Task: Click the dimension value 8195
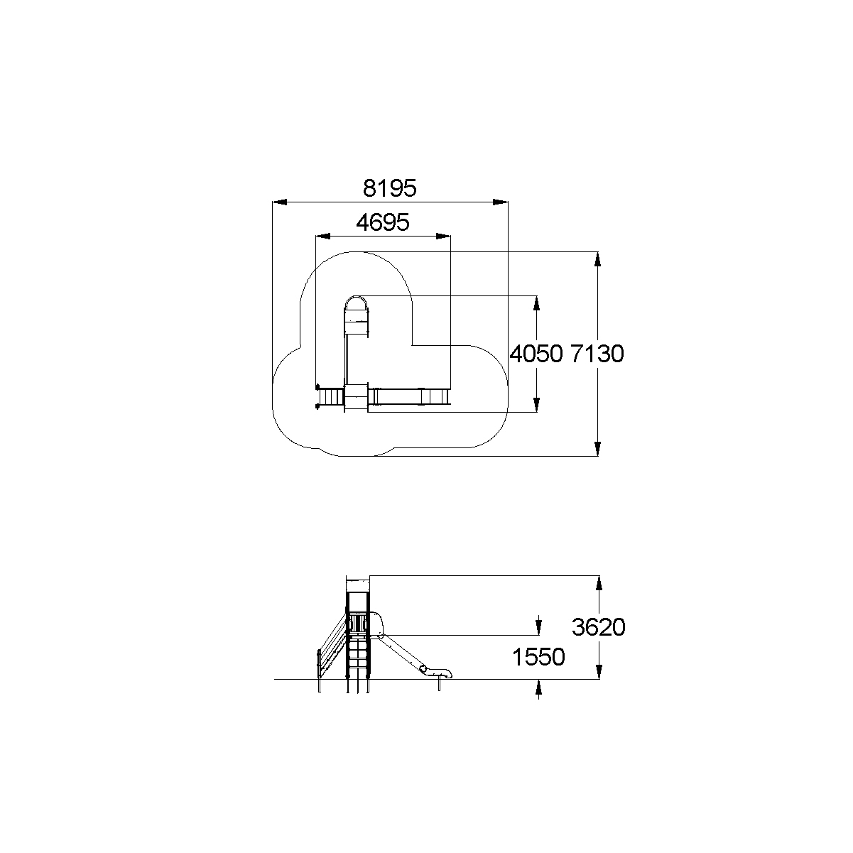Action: click(389, 188)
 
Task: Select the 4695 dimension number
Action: click(383, 222)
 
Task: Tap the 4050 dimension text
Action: click(536, 354)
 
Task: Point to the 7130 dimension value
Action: click(597, 354)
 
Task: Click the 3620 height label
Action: click(599, 627)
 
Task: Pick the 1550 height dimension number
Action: click(538, 657)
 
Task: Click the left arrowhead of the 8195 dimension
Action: click(280, 202)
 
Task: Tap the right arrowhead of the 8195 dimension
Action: click(501, 202)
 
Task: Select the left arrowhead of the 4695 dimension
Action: click(322, 237)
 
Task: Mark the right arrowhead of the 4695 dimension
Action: click(443, 237)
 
